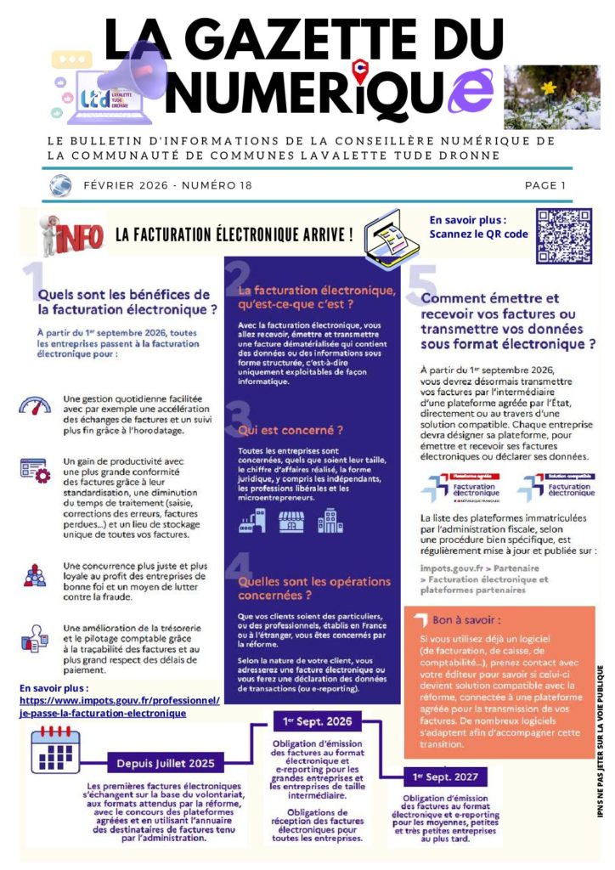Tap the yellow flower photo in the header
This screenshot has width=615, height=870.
(x=539, y=97)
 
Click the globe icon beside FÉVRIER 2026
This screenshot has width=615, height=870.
(x=59, y=185)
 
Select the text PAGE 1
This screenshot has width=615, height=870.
(x=545, y=185)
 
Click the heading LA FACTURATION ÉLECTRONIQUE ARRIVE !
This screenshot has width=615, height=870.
(x=234, y=234)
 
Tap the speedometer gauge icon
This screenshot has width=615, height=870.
(x=35, y=407)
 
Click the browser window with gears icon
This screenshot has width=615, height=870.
(x=35, y=471)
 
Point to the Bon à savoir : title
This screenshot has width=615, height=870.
(x=466, y=619)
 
